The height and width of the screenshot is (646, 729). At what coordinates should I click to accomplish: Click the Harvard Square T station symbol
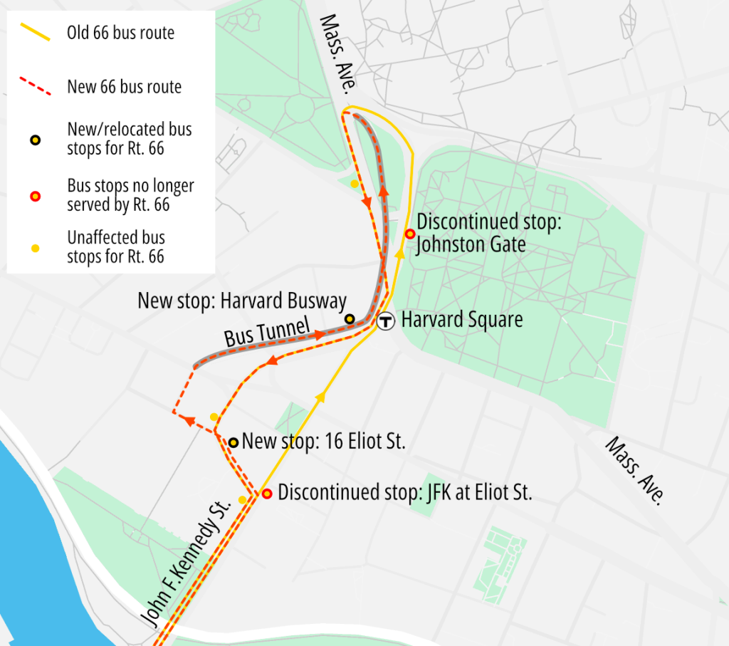point(386,321)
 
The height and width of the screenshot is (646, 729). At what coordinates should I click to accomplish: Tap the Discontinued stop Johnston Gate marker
point(409,234)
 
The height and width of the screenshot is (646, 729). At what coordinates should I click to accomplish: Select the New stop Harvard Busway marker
point(350,318)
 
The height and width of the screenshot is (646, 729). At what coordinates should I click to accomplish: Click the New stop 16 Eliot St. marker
point(233,442)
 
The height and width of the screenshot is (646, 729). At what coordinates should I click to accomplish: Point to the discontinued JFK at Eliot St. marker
point(267,494)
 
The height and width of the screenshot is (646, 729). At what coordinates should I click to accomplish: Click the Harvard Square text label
point(461,320)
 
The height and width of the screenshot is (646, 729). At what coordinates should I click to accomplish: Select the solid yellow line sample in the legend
point(34,33)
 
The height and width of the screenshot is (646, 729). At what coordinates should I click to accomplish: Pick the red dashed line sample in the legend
point(34,87)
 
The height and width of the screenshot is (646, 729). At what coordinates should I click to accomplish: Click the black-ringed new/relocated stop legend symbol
point(35,139)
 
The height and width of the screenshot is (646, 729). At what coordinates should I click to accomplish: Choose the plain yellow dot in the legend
point(35,247)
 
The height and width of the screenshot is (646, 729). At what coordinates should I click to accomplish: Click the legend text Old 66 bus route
point(120,33)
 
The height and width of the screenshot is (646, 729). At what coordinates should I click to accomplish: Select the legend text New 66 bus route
point(124,87)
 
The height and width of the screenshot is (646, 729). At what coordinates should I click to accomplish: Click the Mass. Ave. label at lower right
point(634,471)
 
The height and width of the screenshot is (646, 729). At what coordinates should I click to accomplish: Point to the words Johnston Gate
point(471,245)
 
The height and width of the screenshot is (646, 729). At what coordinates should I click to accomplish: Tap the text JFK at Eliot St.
point(472,493)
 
